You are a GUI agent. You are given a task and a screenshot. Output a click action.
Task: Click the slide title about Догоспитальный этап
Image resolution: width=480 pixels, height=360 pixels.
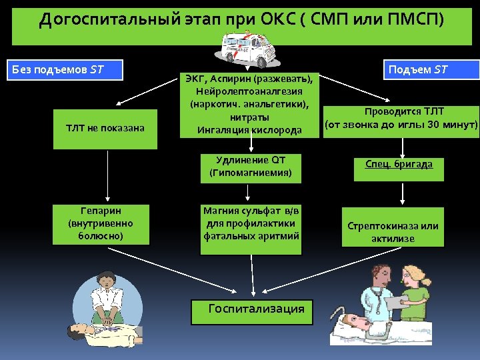(x=240, y=19)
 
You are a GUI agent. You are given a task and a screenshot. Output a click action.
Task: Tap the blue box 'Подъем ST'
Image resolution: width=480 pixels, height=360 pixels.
(x=433, y=69)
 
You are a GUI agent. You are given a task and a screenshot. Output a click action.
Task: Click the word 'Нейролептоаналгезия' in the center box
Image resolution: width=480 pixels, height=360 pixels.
(x=249, y=91)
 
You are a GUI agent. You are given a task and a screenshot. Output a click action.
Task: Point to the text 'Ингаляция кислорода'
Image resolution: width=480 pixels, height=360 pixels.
(x=249, y=129)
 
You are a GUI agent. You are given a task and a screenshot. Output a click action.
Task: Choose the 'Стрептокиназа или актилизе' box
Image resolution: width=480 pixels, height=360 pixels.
(x=393, y=231)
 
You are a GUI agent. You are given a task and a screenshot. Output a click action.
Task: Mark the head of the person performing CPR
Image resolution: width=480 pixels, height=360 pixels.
(x=105, y=279)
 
